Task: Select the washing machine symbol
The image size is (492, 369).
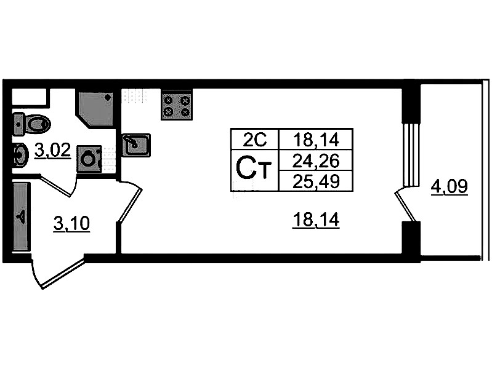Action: tap(89, 159)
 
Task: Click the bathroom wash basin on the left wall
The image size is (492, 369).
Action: tap(20, 155)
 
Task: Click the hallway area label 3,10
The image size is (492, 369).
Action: tap(71, 224)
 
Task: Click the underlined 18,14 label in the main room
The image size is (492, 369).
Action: tap(315, 220)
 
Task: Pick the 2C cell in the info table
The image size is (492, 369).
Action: tap(254, 140)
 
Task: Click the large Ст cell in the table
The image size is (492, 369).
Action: tap(254, 169)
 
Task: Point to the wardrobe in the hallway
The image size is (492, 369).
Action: tap(21, 216)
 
